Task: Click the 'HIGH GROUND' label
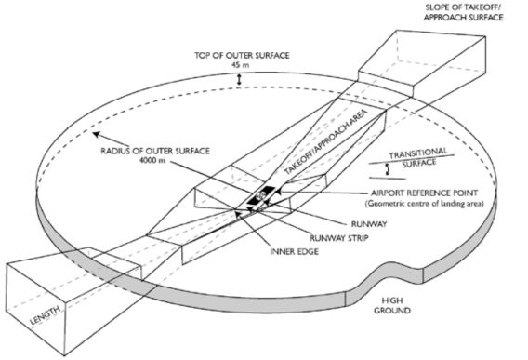click(392, 305)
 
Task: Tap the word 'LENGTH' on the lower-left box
click(46, 315)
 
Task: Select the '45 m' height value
click(241, 65)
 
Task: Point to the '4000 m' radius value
click(152, 160)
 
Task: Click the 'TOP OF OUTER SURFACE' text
click(242, 55)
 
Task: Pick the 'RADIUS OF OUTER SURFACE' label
click(155, 151)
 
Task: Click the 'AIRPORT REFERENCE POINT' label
click(424, 193)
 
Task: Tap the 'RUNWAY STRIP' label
click(339, 238)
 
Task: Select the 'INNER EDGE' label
click(295, 251)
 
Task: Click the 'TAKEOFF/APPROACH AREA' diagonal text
click(325, 141)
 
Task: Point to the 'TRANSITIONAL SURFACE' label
click(418, 157)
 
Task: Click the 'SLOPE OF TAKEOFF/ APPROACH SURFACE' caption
click(463, 12)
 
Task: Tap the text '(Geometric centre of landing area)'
click(424, 204)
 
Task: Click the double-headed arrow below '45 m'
click(239, 80)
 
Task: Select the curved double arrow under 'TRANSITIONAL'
click(388, 169)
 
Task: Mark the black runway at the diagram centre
click(260, 195)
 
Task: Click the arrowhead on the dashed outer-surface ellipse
click(97, 134)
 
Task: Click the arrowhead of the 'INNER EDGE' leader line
click(238, 213)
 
